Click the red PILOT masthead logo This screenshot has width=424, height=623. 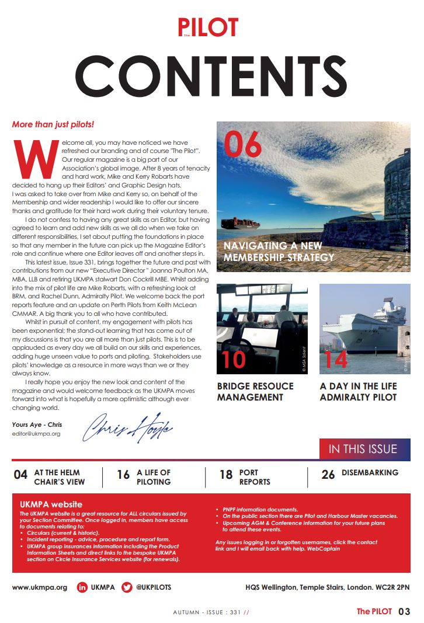tap(208, 27)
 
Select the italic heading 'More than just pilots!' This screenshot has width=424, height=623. tap(53, 125)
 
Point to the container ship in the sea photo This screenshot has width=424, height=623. tap(239, 224)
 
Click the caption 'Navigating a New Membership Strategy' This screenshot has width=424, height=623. tap(279, 252)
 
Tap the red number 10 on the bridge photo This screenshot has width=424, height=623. tap(234, 359)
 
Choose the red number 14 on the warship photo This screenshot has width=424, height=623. tap(336, 359)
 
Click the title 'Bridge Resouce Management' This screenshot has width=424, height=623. tap(255, 392)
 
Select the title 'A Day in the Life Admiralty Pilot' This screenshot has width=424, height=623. tap(358, 392)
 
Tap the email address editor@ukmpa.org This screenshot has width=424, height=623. tap(36, 434)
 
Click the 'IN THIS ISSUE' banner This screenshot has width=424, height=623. tap(363, 449)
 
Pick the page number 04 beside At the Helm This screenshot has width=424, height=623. tap(20, 475)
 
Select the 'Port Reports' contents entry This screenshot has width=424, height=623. tap(255, 477)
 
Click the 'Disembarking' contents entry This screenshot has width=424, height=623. tap(370, 472)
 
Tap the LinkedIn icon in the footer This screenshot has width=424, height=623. tap(82, 587)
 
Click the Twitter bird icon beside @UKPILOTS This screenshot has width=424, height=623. tap(127, 587)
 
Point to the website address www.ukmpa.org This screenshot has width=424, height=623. tap(40, 587)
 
